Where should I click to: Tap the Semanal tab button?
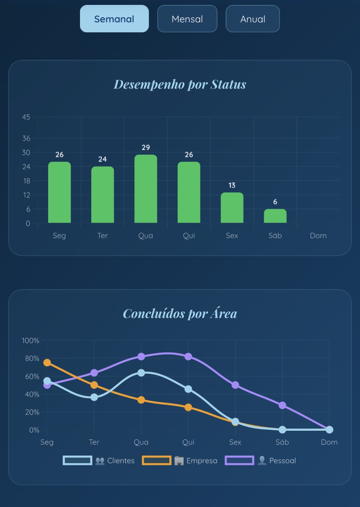point(114,19)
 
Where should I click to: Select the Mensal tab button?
point(187,19)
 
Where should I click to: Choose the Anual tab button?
point(253,19)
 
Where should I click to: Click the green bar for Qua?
point(146,189)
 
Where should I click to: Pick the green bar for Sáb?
point(275,216)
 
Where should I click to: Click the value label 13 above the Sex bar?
point(232,185)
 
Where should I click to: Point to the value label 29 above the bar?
point(146,147)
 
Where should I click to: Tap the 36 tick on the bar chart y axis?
point(26,138)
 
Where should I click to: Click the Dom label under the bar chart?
point(318,236)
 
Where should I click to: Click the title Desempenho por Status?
point(180,84)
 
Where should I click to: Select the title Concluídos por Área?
point(180,314)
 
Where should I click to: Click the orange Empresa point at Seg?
point(47,362)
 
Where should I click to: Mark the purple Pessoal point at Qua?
point(141,356)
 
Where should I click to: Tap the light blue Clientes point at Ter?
point(94,397)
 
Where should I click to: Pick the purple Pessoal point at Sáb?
point(282,405)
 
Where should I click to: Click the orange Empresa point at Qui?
point(188,407)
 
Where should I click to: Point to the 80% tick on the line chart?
point(32,358)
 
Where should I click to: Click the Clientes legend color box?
point(78,460)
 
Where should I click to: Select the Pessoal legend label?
point(282,461)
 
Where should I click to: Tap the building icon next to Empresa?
point(179,461)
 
